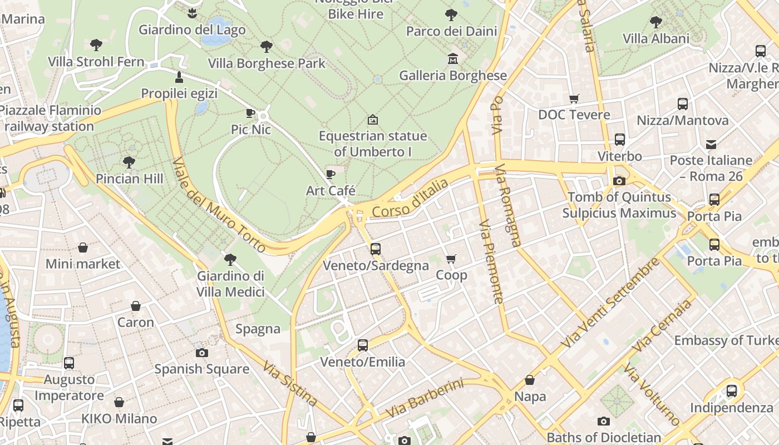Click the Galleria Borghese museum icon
[x=452, y=58]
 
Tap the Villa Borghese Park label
[x=267, y=63]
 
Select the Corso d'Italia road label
[x=410, y=199]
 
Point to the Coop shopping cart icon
[x=451, y=259]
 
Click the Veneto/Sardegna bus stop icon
[x=376, y=249]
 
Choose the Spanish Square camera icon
[x=202, y=353]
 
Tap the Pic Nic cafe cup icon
[x=250, y=113]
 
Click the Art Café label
[x=331, y=191]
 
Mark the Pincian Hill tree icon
[x=129, y=162]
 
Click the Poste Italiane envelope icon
[x=711, y=145]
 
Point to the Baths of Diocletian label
[x=604, y=437]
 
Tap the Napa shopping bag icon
[x=530, y=380]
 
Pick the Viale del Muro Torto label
[x=218, y=205]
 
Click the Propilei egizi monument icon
[x=179, y=77]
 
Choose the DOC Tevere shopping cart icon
[x=574, y=98]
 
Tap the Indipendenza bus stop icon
[x=732, y=391]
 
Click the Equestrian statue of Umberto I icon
[x=373, y=119]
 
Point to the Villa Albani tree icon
[x=656, y=22]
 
